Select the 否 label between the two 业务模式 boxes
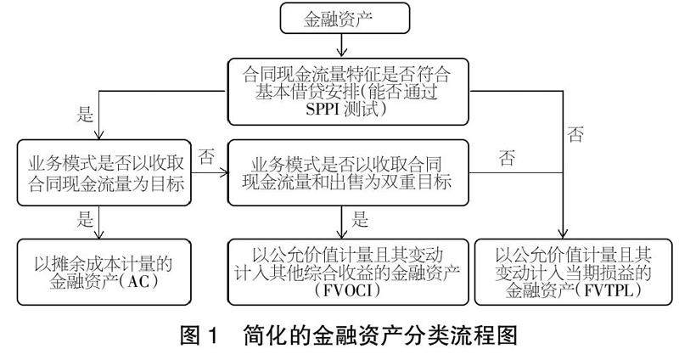[206, 156]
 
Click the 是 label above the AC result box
[85, 219]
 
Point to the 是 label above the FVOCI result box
[359, 220]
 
